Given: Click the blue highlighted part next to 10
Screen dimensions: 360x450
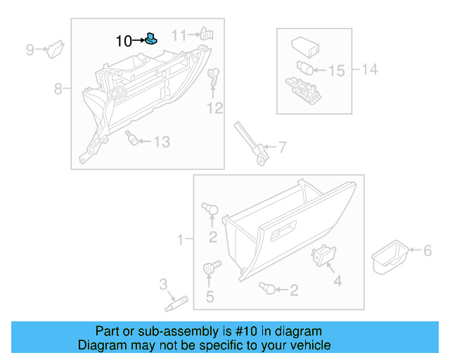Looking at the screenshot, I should click(150, 40).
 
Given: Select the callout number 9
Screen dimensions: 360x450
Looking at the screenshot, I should click(30, 49).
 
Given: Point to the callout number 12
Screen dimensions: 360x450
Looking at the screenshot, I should click(214, 108).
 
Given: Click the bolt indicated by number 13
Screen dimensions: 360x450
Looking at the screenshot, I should click(130, 137).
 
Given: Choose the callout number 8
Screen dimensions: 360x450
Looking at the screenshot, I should click(59, 89).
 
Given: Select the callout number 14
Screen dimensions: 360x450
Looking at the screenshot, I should click(369, 69).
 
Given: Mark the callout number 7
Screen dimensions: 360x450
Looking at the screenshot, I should click(282, 148).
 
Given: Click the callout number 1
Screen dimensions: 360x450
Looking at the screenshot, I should click(180, 240).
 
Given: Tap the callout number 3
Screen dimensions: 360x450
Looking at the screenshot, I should click(162, 285).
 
